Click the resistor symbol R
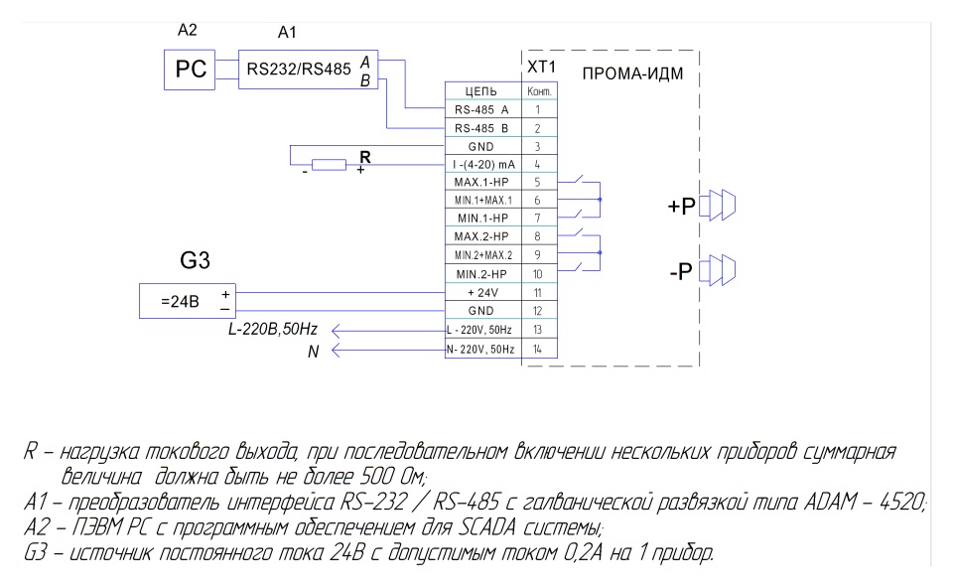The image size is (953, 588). (329, 165)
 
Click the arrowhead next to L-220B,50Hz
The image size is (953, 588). (335, 330)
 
